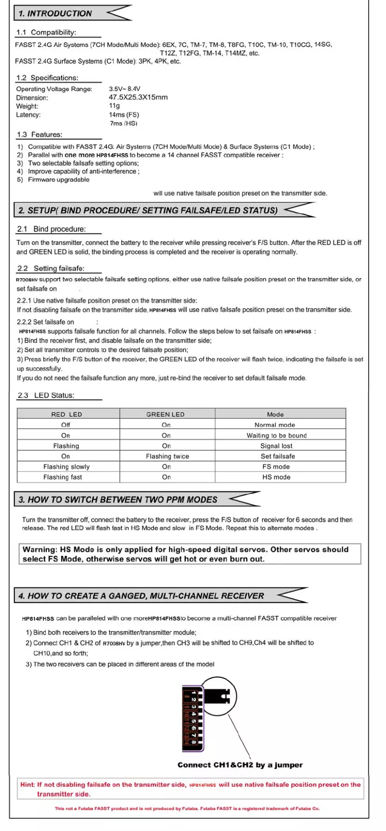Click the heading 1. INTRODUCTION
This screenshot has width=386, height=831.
(x=55, y=13)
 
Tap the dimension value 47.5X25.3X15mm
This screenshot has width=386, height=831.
(x=138, y=98)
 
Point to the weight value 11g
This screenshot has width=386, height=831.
(x=114, y=106)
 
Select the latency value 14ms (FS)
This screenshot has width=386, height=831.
(x=124, y=115)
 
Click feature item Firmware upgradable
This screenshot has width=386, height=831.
(x=59, y=180)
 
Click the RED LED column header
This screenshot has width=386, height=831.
(x=66, y=414)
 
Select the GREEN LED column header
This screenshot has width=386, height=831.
(x=165, y=414)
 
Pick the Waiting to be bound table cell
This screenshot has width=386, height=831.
(x=276, y=435)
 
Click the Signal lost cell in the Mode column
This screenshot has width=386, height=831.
(x=276, y=446)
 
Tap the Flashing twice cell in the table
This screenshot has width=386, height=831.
(x=167, y=456)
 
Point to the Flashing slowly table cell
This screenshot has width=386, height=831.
(x=66, y=467)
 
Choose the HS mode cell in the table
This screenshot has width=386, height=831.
(x=276, y=477)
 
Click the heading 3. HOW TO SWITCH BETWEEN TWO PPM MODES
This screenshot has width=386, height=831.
(x=118, y=499)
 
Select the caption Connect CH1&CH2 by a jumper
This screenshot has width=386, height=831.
(x=240, y=765)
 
